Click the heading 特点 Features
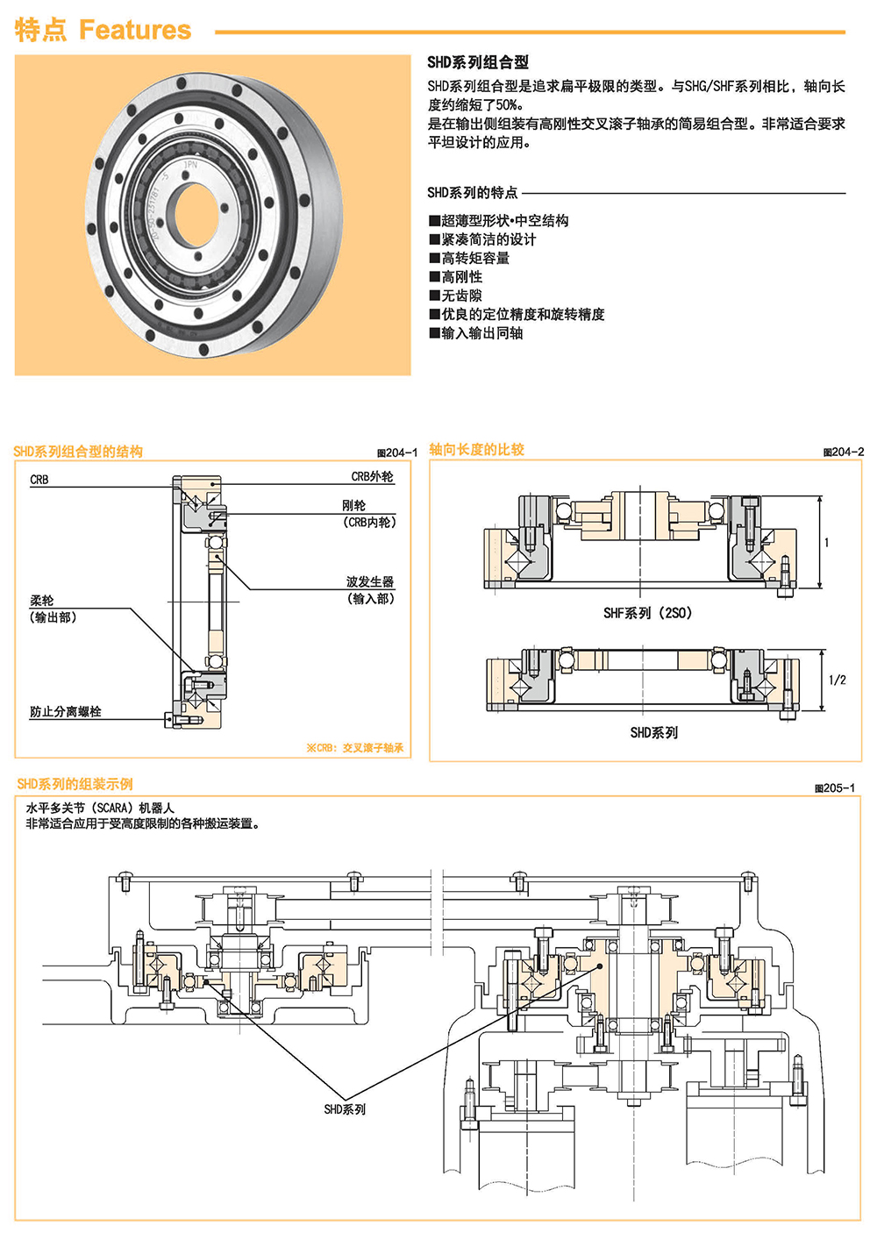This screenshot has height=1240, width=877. click(103, 30)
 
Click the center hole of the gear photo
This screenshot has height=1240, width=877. click(201, 215)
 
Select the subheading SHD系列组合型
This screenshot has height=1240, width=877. click(478, 62)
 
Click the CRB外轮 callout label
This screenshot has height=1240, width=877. click(372, 476)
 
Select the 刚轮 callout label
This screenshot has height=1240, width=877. click(353, 505)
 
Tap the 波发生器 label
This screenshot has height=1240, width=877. click(369, 581)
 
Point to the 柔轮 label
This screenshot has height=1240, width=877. click(42, 601)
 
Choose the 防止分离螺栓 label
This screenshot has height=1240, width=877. click(66, 712)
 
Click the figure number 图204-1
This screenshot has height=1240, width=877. click(397, 453)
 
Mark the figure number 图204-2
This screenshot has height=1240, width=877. click(843, 452)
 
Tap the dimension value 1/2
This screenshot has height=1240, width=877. click(837, 680)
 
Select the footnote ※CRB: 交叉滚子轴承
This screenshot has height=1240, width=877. click(354, 748)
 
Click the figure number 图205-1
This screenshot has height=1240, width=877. click(834, 787)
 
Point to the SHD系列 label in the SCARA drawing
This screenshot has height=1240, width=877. click(345, 1109)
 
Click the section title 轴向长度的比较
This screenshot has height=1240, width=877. click(476, 449)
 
